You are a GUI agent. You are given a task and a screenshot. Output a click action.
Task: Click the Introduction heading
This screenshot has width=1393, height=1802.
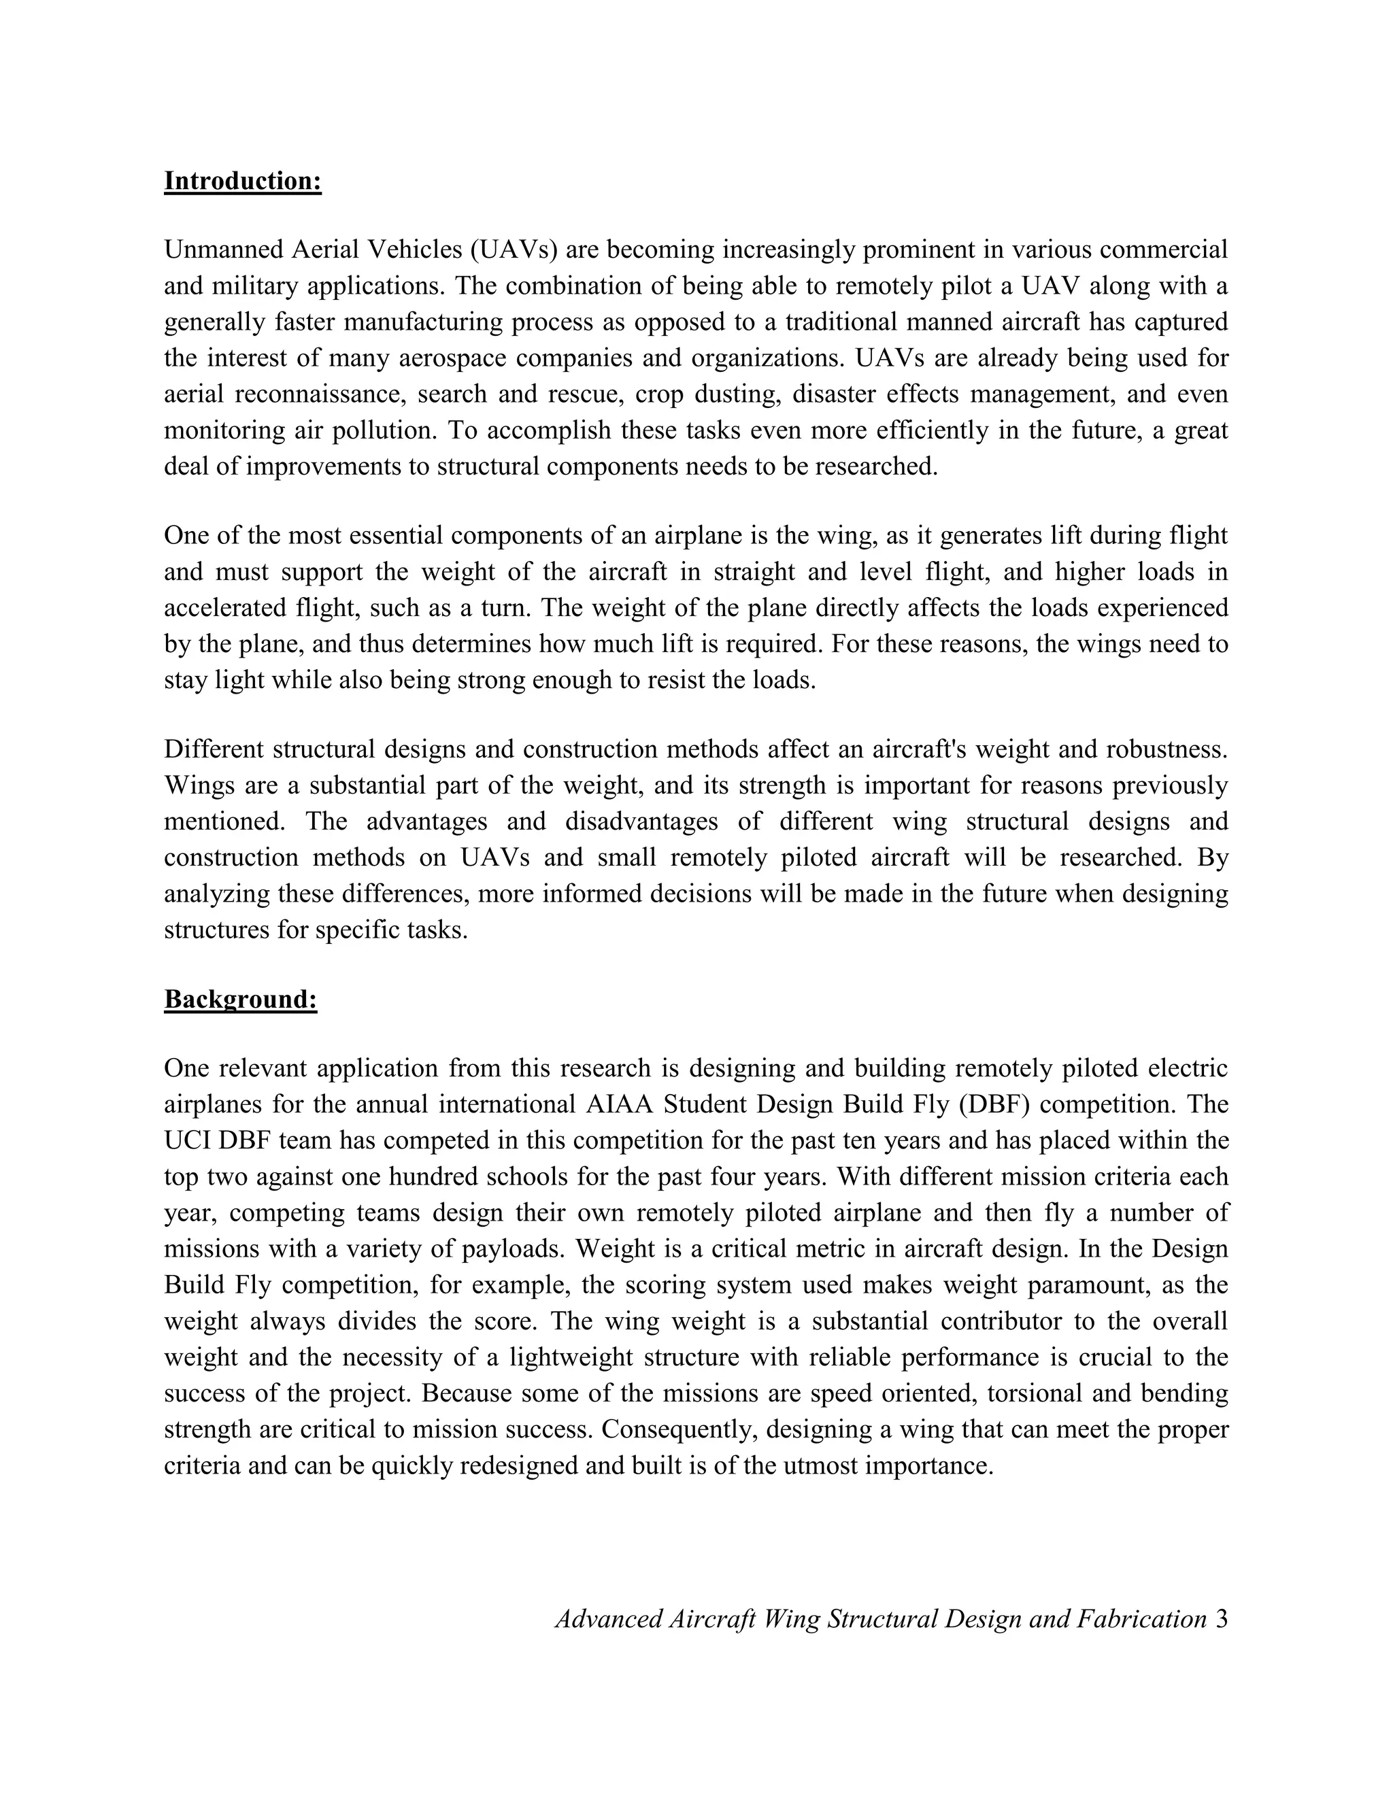(x=243, y=181)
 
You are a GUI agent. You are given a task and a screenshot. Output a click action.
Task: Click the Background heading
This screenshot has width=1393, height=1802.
(x=240, y=999)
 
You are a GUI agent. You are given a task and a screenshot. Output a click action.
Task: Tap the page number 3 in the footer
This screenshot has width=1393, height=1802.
(x=1222, y=1619)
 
